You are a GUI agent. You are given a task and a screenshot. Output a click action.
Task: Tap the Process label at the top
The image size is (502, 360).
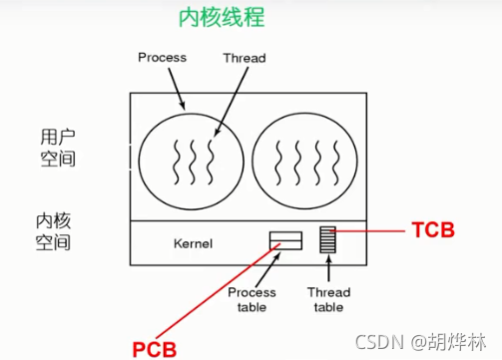[x=162, y=58]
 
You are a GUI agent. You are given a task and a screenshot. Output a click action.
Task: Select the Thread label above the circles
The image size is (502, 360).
[x=245, y=58]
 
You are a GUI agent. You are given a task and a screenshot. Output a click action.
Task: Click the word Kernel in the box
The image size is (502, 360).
[x=194, y=242]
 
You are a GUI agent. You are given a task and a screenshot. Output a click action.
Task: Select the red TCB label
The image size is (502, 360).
[x=433, y=230]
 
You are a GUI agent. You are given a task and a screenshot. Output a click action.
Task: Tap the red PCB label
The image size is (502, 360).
[x=152, y=348]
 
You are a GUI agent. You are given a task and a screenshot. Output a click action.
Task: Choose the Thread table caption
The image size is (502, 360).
[x=328, y=299]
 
